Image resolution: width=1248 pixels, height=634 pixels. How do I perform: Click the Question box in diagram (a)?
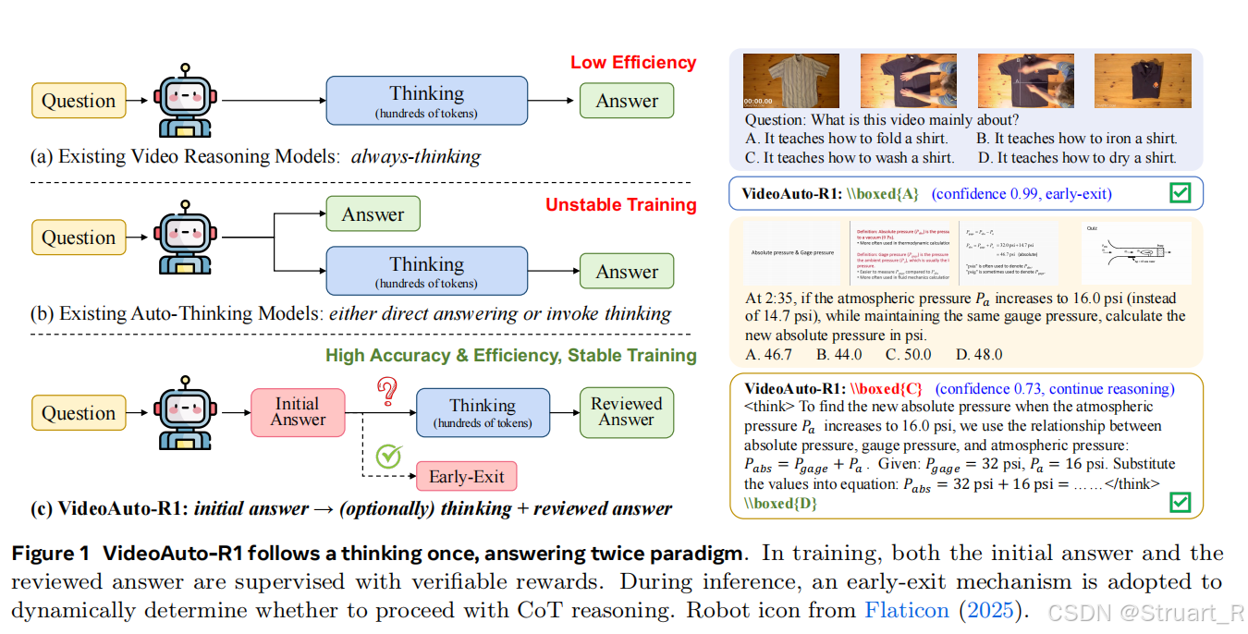(79, 101)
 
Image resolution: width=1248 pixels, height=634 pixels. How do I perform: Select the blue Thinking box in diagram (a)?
(426, 101)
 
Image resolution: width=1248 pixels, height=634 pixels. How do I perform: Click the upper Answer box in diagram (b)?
(373, 214)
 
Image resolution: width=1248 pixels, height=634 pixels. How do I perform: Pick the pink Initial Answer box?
(298, 412)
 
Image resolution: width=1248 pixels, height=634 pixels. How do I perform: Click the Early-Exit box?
(466, 477)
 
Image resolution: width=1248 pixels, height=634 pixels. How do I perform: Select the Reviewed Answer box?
(626, 412)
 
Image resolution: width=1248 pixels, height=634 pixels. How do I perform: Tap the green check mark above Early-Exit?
(389, 456)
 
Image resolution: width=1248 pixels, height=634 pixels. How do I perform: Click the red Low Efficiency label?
(632, 63)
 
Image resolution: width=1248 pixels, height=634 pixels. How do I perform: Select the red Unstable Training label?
(620, 205)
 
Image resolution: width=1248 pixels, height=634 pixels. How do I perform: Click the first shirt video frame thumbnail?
(782, 80)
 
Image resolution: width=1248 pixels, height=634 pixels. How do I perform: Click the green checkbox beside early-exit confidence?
(1180, 193)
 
